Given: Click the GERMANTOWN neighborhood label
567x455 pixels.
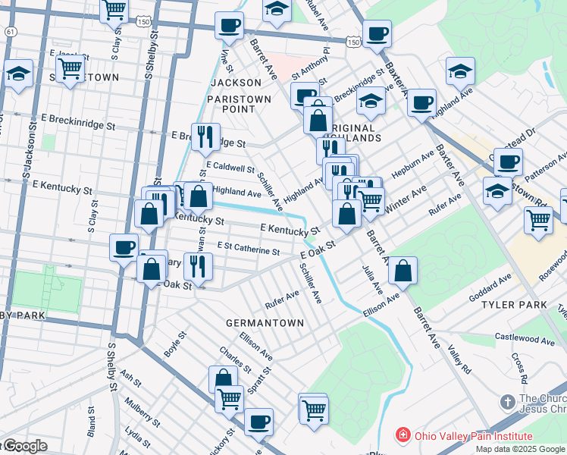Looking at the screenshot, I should point(265,323).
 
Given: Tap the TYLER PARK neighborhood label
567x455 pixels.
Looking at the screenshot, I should point(513,305).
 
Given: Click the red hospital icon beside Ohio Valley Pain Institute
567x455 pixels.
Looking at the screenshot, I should point(403,436).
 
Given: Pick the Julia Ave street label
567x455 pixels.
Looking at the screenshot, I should point(377,279).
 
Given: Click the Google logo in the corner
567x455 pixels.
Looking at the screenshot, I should point(24,446).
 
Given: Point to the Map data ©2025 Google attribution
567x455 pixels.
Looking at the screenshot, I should point(519,449).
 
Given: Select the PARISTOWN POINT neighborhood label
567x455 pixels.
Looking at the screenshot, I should point(232,102).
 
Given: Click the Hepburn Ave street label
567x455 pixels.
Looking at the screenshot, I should point(412,164).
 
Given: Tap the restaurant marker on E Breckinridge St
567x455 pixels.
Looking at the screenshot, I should point(205,137).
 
